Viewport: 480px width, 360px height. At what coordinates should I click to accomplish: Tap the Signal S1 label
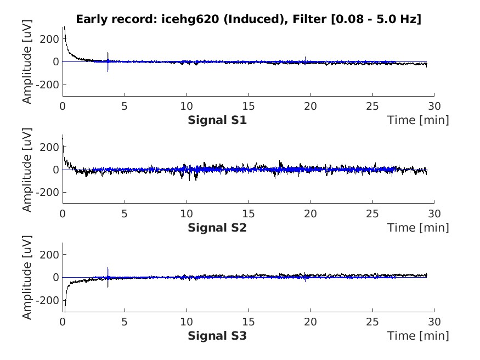[x=217, y=120]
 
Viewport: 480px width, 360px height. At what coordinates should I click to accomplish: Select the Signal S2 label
[x=217, y=227]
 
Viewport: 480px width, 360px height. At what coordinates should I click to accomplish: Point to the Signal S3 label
[x=217, y=335]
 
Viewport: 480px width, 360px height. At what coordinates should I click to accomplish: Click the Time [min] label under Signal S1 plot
[x=418, y=120]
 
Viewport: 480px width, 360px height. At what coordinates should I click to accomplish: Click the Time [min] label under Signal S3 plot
[x=418, y=335]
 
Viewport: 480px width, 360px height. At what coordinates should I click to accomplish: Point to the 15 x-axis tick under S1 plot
[x=249, y=105]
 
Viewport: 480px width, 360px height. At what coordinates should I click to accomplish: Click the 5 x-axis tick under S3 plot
[x=125, y=320]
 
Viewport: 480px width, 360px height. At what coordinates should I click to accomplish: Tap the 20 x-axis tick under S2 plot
[x=310, y=213]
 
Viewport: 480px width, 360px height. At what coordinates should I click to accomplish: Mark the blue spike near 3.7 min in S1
[x=108, y=61]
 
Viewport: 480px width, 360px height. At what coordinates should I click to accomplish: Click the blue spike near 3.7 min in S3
[x=108, y=277]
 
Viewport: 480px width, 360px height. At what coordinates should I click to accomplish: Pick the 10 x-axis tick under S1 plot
[x=187, y=105]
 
